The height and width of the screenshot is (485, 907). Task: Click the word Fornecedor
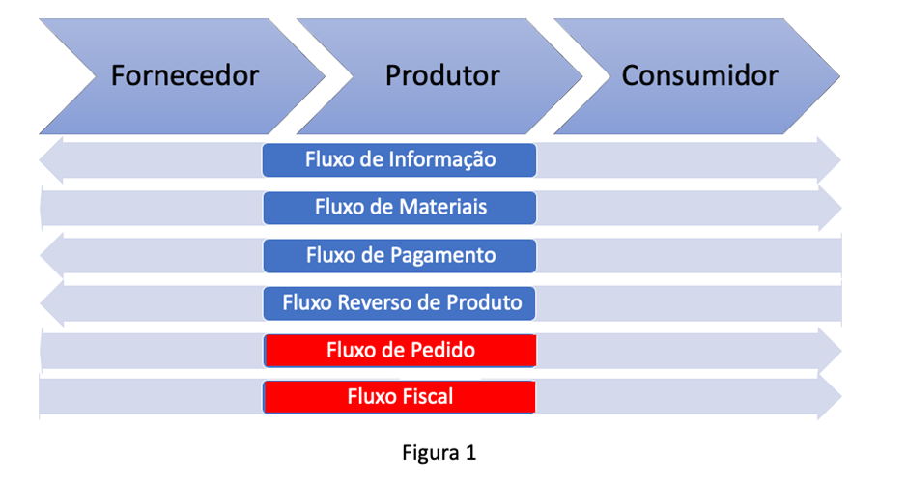pos(184,75)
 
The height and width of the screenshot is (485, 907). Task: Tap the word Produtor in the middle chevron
pos(442,75)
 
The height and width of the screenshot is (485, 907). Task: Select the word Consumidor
pos(700,75)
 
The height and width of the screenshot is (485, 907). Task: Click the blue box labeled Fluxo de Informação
pos(399,159)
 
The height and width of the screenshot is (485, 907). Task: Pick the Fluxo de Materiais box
pos(400,208)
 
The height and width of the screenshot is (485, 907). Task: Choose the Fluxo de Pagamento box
pos(400,256)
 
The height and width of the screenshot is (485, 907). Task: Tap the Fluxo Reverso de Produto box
pos(399,303)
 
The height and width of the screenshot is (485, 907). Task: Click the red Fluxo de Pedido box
pos(400,350)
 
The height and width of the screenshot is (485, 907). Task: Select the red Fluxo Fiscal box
pos(399,397)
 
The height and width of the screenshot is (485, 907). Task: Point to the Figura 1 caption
pos(439,452)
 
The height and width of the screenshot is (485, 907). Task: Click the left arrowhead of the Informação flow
pos(51,160)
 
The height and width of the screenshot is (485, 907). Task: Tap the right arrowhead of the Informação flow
pos(829,160)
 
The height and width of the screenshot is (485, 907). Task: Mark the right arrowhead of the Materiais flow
pos(830,208)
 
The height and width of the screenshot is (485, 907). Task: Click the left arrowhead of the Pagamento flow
pos(51,256)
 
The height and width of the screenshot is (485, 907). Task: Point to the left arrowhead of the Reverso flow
pos(51,303)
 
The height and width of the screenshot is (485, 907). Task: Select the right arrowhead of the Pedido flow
pos(830,351)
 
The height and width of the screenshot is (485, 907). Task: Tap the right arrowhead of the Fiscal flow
pos(830,397)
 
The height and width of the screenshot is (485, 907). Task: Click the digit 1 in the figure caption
pos(470,452)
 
